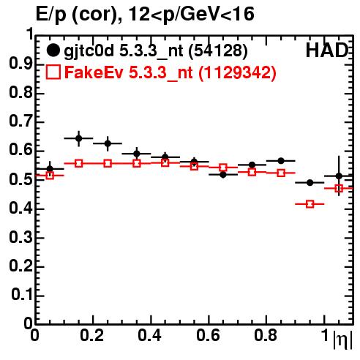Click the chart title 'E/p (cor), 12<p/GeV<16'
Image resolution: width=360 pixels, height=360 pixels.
coord(145,14)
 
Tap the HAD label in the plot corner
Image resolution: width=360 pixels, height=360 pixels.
coord(327,50)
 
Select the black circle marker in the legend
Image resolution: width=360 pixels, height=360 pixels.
coord(53,50)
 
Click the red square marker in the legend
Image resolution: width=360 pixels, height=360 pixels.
coord(53,72)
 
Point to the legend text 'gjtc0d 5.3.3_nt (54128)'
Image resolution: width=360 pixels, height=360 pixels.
coord(156,51)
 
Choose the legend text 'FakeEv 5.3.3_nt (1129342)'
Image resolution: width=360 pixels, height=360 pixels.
coord(170,72)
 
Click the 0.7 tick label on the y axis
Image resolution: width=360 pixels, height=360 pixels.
coord(20,121)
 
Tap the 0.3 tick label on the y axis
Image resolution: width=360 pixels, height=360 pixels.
coord(20,237)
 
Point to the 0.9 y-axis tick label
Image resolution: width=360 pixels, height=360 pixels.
coord(20,64)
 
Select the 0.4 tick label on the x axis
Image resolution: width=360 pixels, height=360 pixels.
coord(149,336)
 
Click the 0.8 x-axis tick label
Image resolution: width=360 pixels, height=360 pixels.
coord(266,336)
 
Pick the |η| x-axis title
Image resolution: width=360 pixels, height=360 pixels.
coord(342,340)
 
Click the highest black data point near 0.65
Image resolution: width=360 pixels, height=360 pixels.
coord(78,138)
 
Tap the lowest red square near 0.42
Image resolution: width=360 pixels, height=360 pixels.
coord(310,204)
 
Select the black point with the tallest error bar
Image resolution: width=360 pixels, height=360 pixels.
coord(339,176)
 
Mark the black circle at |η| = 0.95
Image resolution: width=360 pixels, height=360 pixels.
coord(310,182)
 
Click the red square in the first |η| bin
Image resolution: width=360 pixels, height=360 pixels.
coord(50,176)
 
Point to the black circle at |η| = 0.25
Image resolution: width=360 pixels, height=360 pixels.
coord(108,143)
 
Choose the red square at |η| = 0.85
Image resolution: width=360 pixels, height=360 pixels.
coord(281,173)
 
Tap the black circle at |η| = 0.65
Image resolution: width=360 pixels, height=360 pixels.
coord(223,175)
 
